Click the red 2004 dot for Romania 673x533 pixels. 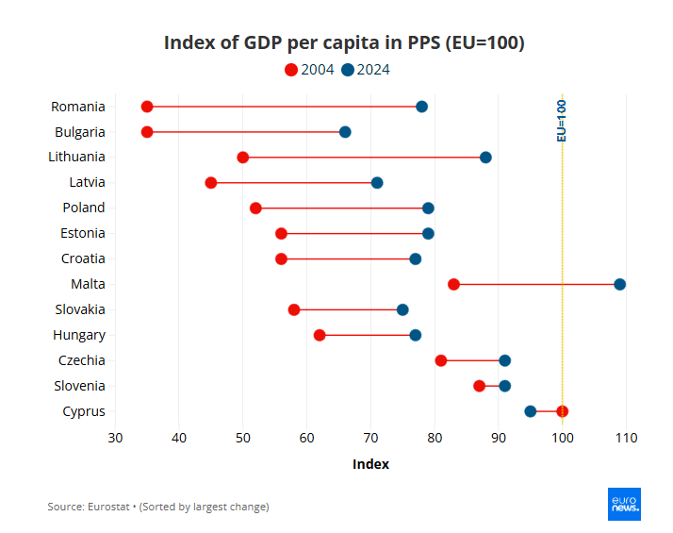click(x=147, y=107)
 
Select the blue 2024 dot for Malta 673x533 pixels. click(x=619, y=284)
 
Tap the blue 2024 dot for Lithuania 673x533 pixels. click(x=485, y=158)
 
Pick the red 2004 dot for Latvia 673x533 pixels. click(x=211, y=183)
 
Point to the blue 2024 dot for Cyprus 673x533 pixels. click(x=531, y=411)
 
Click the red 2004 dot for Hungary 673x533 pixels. click(x=320, y=335)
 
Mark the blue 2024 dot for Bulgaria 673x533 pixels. click(x=345, y=132)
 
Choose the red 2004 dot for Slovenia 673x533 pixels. click(x=479, y=386)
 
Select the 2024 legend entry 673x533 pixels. click(x=365, y=70)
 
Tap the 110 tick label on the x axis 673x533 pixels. click(x=626, y=438)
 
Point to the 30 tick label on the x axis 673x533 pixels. click(x=115, y=438)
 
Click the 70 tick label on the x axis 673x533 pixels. click(x=370, y=438)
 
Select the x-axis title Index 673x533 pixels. click(x=370, y=464)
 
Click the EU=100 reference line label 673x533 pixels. click(x=562, y=121)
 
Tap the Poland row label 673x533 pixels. click(x=84, y=208)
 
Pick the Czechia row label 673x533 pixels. click(x=82, y=360)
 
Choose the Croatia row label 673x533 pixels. click(x=83, y=258)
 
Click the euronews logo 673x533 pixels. click(x=624, y=504)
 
